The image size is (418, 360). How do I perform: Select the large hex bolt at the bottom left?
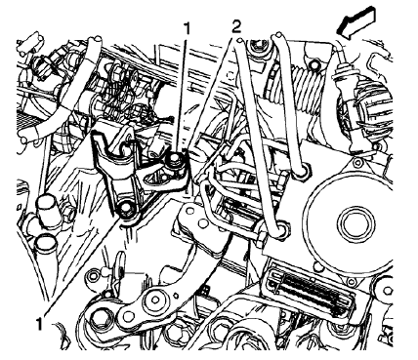[102, 323]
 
